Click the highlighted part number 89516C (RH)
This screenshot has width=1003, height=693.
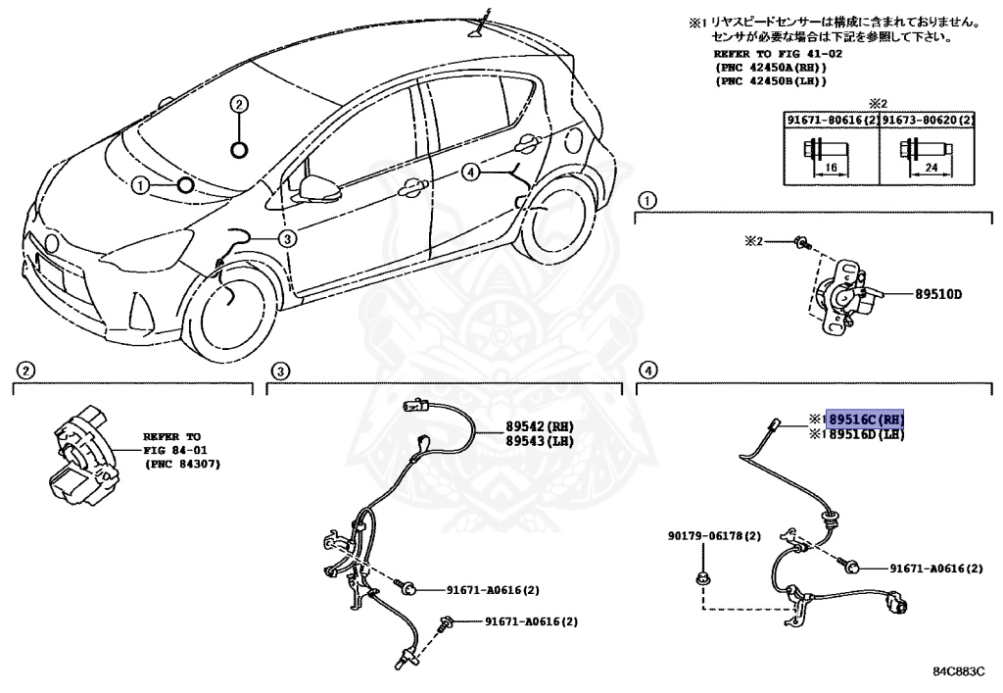click(x=865, y=419)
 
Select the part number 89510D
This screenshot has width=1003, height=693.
click(x=939, y=293)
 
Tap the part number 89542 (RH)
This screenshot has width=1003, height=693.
click(x=539, y=426)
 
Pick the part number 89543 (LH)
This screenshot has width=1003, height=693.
click(x=539, y=441)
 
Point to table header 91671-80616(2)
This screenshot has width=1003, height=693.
click(x=830, y=120)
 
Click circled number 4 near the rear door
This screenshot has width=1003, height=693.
click(x=471, y=173)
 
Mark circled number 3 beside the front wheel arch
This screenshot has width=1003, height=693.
click(x=286, y=238)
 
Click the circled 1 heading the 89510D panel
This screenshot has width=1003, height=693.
click(x=645, y=202)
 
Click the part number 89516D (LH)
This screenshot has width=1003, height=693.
click(x=865, y=434)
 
